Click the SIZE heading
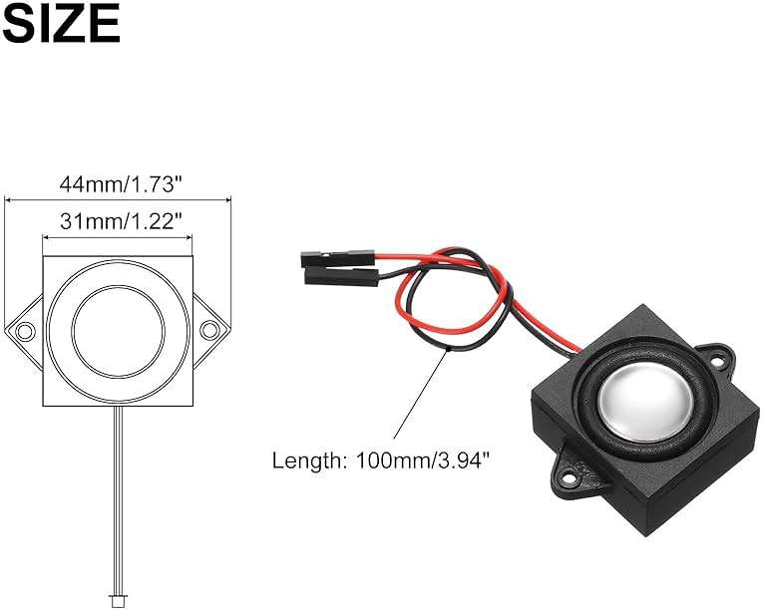(61, 23)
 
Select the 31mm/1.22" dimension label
(118, 222)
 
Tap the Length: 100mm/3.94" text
(381, 460)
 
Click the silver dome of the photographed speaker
(639, 395)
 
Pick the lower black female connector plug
(340, 272)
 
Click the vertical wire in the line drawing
(118, 498)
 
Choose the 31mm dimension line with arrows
(118, 237)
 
